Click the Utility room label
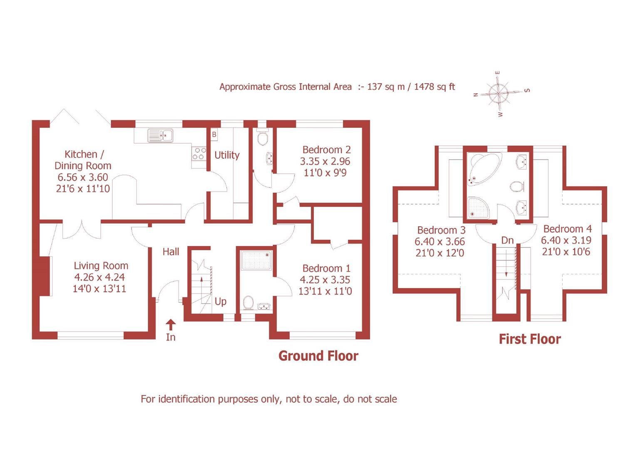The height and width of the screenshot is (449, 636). (x=227, y=155)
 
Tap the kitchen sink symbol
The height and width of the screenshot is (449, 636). (x=160, y=135)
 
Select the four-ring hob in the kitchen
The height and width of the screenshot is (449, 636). (x=198, y=153)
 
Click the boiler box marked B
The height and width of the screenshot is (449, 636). (x=214, y=134)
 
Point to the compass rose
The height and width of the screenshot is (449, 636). (x=499, y=93)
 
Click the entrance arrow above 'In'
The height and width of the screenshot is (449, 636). (x=171, y=324)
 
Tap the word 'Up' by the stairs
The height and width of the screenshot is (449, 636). (x=221, y=301)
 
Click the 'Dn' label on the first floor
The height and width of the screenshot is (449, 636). (x=507, y=240)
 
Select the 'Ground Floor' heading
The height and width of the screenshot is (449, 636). (x=318, y=356)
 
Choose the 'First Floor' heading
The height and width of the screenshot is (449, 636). (x=529, y=339)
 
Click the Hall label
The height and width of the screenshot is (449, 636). (x=171, y=252)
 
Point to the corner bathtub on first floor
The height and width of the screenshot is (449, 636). (x=482, y=169)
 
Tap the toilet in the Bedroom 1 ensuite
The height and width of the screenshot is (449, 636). (x=248, y=303)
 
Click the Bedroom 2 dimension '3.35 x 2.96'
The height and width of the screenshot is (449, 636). (x=325, y=161)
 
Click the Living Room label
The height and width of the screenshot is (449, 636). (x=101, y=266)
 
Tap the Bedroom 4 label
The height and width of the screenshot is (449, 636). (x=567, y=229)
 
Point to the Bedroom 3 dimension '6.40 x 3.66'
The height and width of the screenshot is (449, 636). (x=440, y=242)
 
